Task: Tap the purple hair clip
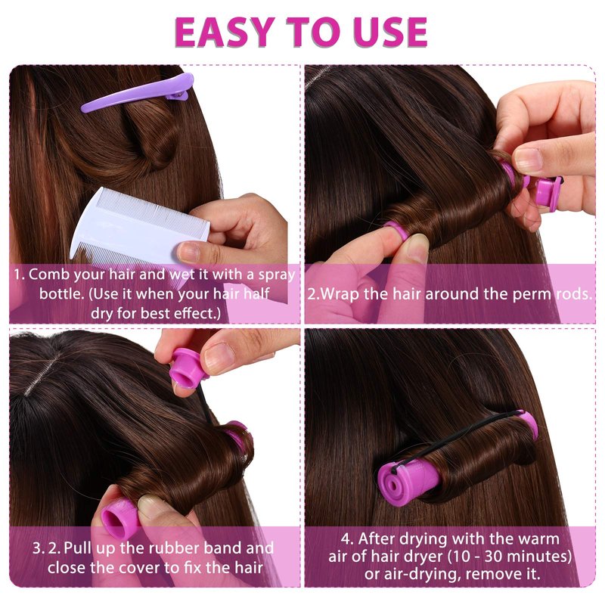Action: coord(138,93)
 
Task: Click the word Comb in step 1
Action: coord(49,275)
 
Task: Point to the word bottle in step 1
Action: coord(62,293)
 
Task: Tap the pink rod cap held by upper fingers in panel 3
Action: coord(188,368)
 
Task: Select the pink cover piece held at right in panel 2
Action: coord(548,192)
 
